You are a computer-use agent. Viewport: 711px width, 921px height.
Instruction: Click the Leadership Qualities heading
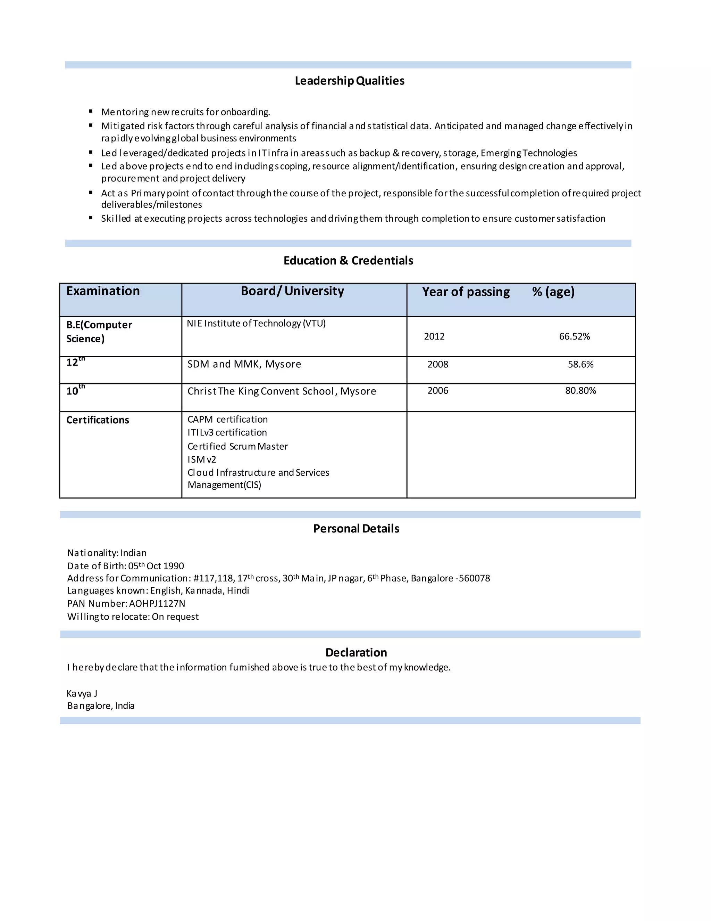349,81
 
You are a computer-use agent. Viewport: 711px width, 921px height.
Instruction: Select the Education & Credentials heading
348,261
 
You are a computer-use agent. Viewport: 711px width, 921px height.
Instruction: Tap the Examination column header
103,291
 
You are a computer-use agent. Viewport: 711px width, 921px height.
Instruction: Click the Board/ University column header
292,291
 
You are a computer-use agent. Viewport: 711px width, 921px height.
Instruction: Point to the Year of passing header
466,292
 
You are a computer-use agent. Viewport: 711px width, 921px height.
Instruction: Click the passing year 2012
434,336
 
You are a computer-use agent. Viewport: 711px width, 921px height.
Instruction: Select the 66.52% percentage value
574,336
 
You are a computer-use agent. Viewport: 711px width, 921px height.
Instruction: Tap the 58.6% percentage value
580,364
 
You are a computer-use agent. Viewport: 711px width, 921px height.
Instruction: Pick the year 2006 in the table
438,391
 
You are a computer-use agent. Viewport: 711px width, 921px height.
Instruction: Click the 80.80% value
580,391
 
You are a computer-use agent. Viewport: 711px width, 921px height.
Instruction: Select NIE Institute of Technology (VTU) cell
256,324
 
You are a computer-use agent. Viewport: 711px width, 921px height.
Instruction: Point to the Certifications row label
97,420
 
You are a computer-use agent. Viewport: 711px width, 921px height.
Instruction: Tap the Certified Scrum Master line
237,446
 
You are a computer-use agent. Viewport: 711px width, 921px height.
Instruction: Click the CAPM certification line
227,419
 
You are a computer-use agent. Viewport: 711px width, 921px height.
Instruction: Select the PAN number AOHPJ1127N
157,603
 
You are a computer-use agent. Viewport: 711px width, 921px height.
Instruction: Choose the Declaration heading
356,652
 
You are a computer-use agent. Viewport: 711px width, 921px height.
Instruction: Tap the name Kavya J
82,694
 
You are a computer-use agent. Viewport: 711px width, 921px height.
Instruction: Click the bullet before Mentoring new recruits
91,111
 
